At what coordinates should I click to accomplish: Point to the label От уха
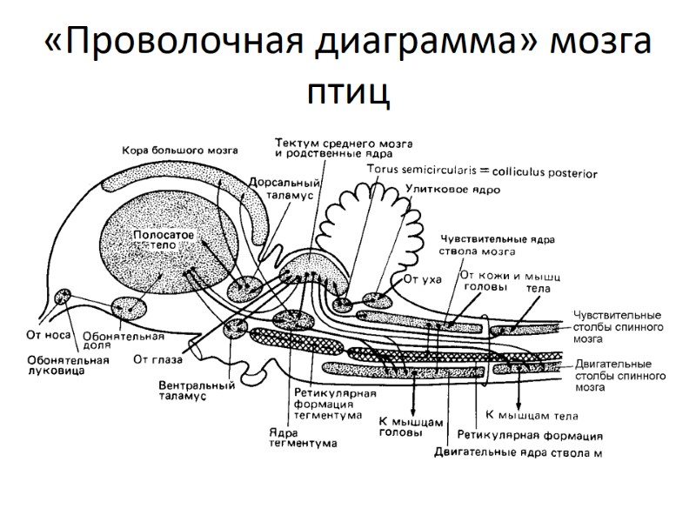coord(424,279)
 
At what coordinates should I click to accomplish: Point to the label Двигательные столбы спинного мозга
coord(620,375)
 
